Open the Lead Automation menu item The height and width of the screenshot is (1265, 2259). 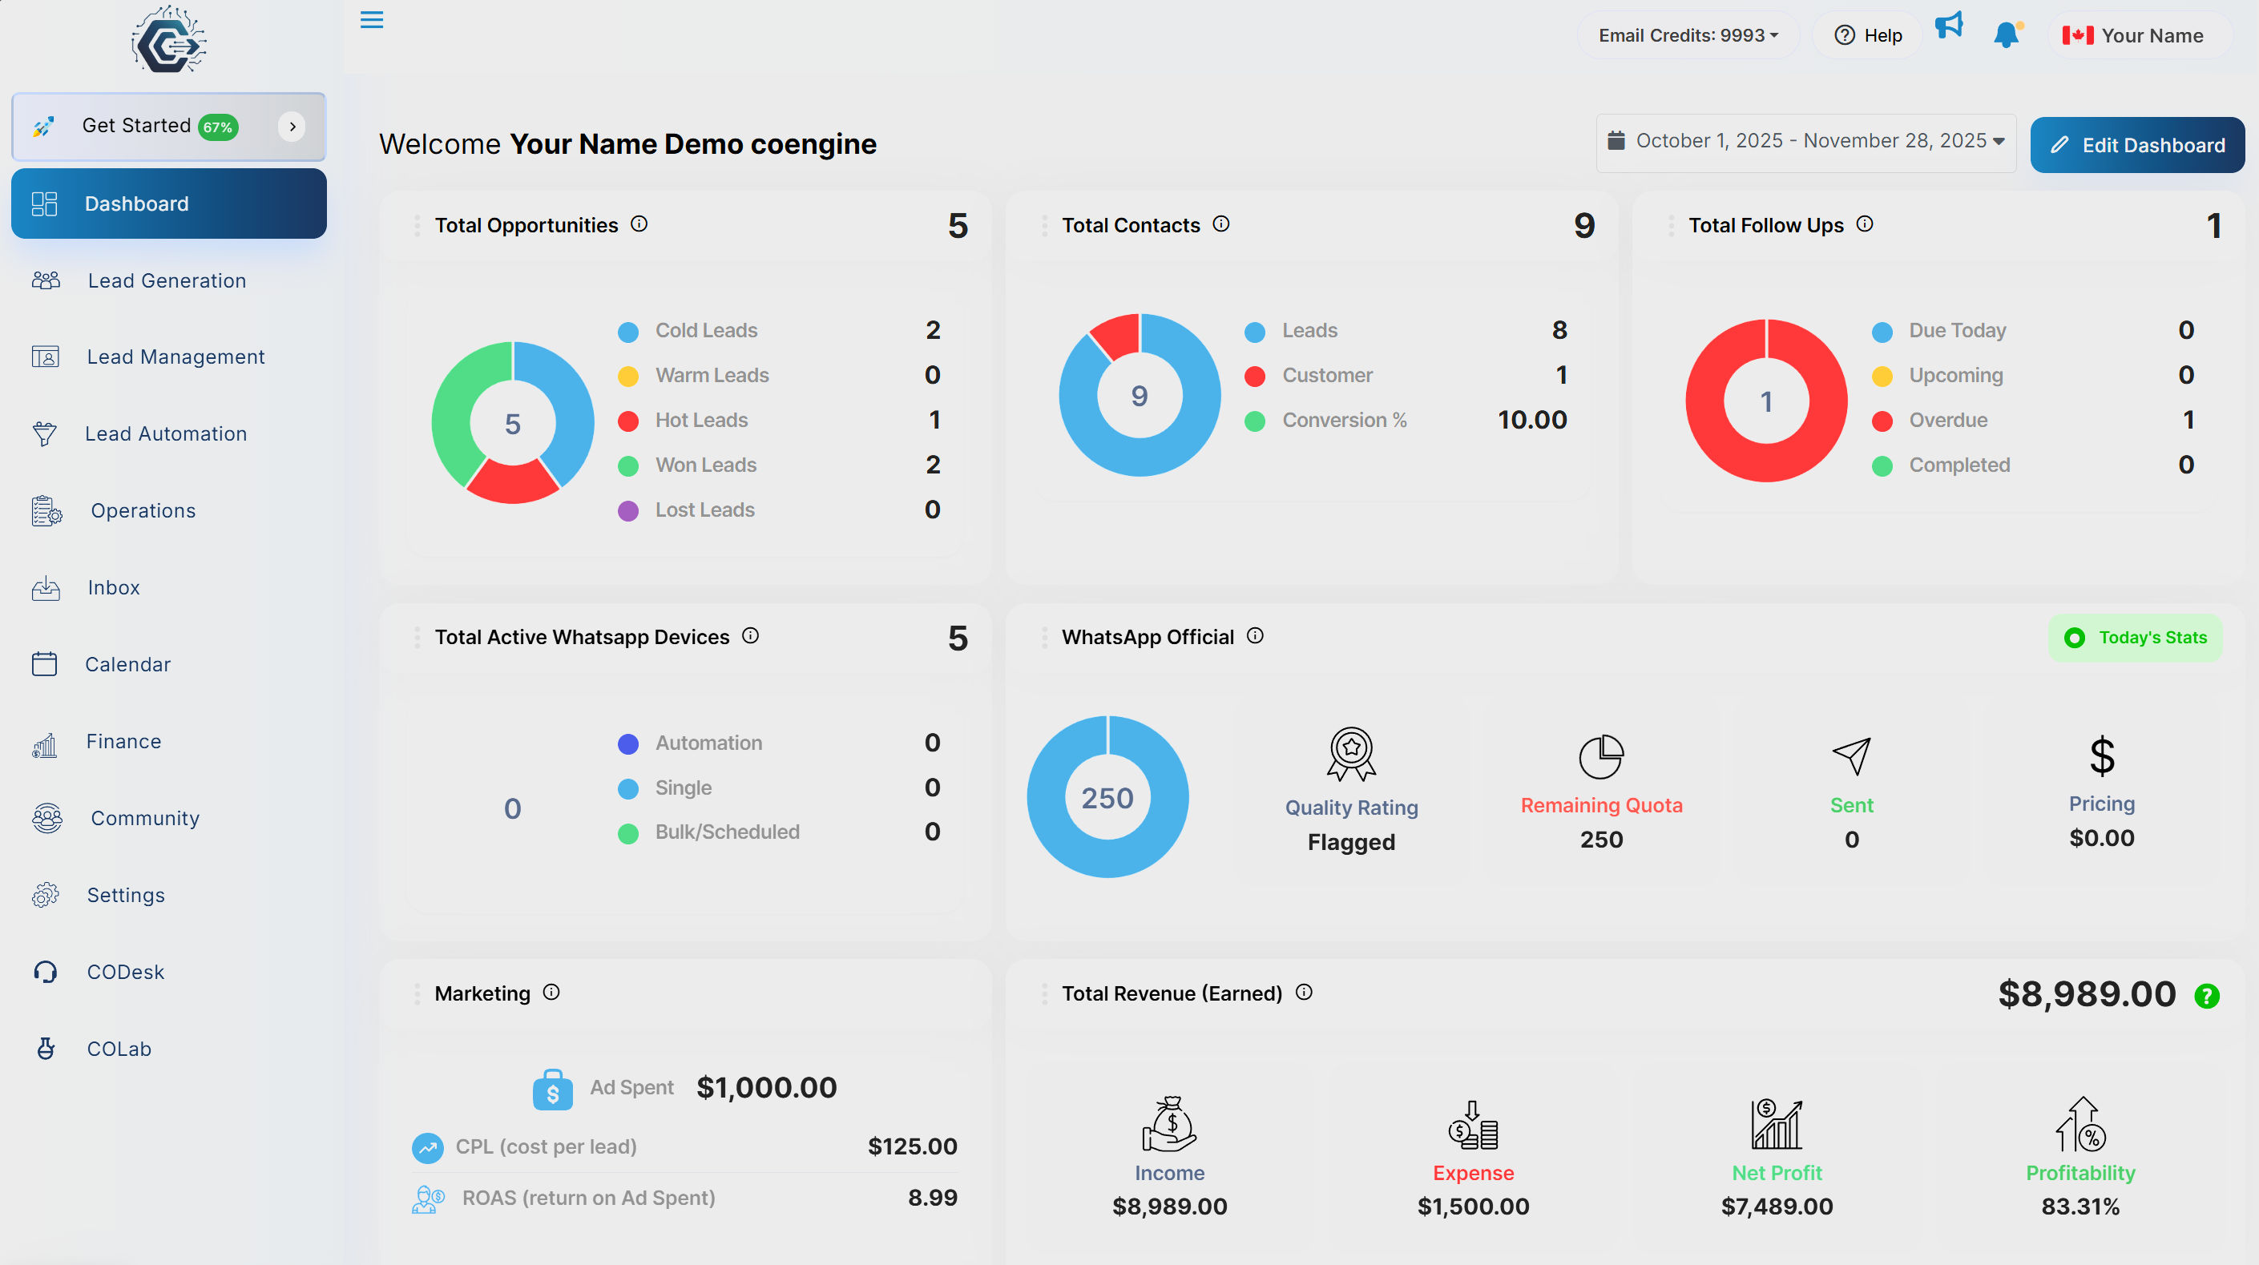point(165,434)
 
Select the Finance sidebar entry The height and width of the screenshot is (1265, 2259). point(123,742)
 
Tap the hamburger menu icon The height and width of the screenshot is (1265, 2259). point(372,19)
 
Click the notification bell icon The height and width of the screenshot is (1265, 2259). point(2005,35)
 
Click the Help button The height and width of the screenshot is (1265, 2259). point(1868,35)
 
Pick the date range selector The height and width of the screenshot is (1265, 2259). point(1805,141)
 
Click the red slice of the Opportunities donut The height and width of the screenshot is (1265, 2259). point(513,483)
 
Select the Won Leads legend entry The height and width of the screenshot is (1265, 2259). point(705,465)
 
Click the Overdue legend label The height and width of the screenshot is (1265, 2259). point(1948,420)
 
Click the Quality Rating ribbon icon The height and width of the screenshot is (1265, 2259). point(1351,753)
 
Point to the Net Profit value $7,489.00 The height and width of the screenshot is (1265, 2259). point(1777,1207)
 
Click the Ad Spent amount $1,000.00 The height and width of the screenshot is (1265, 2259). point(766,1087)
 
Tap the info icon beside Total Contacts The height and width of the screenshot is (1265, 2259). point(1220,224)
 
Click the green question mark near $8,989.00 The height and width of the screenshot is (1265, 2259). point(2206,996)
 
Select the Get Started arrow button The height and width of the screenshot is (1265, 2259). point(292,127)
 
